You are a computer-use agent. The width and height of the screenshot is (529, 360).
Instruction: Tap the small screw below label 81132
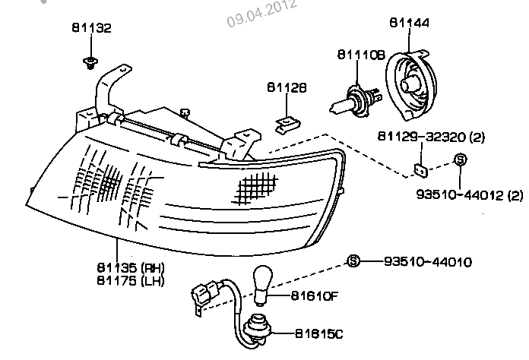click(90, 61)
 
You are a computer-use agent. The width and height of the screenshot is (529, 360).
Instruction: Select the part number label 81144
click(409, 24)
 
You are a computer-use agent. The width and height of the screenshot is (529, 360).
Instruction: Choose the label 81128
click(286, 88)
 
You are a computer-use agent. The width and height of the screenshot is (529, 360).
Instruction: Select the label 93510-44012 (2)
click(469, 195)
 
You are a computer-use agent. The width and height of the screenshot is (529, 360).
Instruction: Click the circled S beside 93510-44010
click(353, 262)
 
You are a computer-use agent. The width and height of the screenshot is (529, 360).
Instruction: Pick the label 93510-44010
click(427, 262)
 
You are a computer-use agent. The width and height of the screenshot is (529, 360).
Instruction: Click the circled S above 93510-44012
click(460, 160)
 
